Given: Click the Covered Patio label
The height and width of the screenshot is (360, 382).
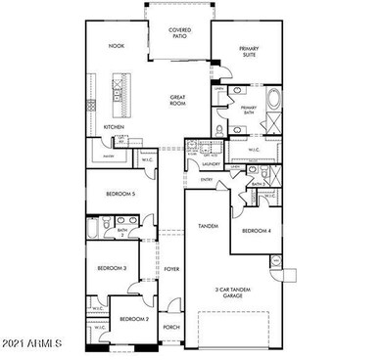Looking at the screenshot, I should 179,33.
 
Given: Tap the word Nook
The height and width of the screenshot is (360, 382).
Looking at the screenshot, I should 117,46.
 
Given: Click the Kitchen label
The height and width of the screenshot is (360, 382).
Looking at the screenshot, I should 114,126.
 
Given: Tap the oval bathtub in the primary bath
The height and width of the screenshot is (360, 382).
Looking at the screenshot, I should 273,100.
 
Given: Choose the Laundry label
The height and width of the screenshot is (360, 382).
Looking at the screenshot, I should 208,165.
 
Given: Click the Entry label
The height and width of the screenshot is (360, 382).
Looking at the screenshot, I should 208,180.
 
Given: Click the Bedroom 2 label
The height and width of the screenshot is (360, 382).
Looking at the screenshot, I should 135,319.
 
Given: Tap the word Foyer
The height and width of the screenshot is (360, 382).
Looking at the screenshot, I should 170,268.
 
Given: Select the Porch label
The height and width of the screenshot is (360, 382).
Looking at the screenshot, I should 170,327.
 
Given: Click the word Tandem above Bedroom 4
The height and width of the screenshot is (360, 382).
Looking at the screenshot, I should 208,227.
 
